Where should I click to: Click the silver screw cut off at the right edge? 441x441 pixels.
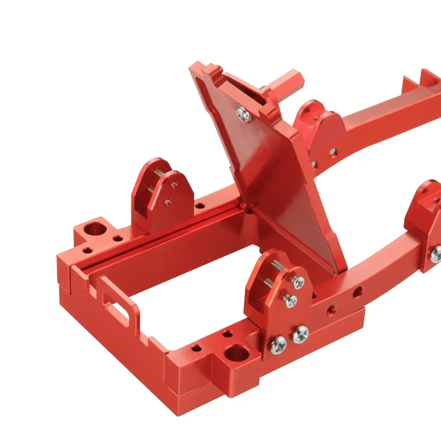(x=436, y=253)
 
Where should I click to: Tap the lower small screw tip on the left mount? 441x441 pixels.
(x=167, y=202)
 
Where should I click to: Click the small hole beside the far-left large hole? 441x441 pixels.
(x=118, y=239)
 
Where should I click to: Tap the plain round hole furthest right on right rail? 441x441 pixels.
(x=358, y=291)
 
